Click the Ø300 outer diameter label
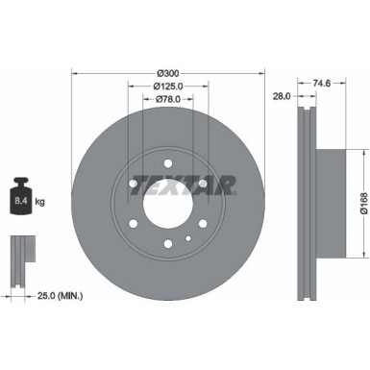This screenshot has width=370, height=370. (x=168, y=73)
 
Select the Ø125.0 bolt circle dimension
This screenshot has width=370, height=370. (x=168, y=86)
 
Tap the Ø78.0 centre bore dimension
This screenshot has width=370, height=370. (x=168, y=99)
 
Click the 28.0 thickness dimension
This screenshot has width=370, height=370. (x=282, y=96)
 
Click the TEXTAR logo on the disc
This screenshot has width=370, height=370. (x=182, y=184)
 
